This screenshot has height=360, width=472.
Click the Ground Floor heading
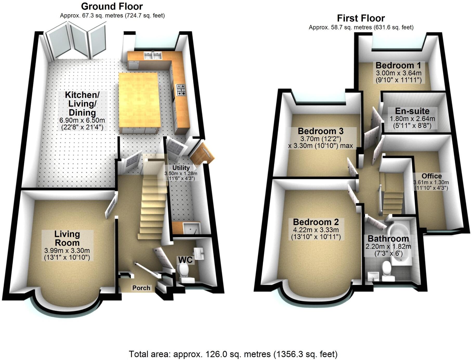[112, 6]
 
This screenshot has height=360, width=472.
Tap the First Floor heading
[361, 18]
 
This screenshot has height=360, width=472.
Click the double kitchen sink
[153, 55]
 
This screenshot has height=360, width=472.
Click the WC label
[185, 260]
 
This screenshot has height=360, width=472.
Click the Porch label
[141, 288]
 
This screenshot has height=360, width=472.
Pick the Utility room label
[181, 168]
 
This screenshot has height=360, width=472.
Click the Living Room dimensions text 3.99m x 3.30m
[67, 251]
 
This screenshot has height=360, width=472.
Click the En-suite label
[412, 111]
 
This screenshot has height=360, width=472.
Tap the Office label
[431, 176]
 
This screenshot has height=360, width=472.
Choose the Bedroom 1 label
[398, 65]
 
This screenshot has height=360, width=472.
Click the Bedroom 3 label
[320, 131]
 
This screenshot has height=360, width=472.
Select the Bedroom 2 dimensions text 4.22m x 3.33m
[316, 230]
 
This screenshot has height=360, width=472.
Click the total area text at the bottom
[233, 354]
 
